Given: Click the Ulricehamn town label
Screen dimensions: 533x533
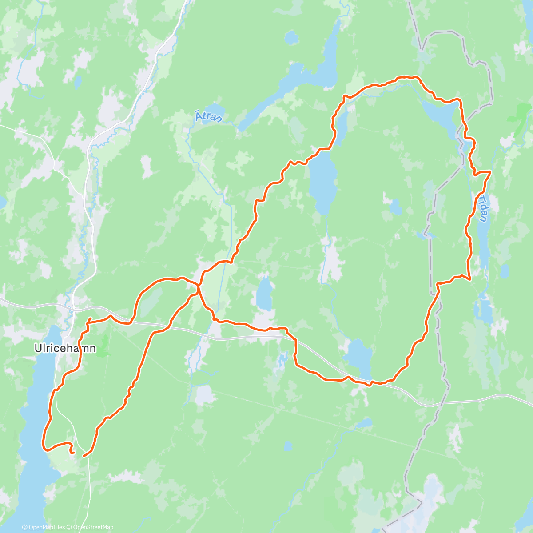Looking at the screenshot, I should point(65,349).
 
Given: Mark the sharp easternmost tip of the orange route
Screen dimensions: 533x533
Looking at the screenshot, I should point(490,171).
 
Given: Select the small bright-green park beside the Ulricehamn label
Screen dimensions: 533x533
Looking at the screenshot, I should point(104,346).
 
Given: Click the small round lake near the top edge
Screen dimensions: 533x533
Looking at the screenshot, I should point(291,38).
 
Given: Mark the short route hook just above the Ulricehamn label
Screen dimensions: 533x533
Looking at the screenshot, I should point(89,321).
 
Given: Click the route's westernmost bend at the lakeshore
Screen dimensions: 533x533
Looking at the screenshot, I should point(44,442).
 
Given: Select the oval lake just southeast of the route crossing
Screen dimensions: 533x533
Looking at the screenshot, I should point(264,295).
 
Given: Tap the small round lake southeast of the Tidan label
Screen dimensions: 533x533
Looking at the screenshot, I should point(505,270).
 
